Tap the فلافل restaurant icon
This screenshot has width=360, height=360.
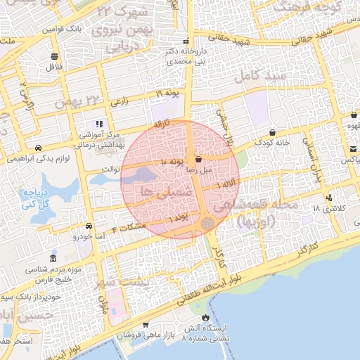[x=54, y=57]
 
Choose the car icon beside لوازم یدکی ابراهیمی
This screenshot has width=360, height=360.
[x=37, y=148]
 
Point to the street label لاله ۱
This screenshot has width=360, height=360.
[x=226, y=184]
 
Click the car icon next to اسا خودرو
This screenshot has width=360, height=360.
[x=89, y=226]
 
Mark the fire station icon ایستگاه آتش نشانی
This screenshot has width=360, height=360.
[x=205, y=317]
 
